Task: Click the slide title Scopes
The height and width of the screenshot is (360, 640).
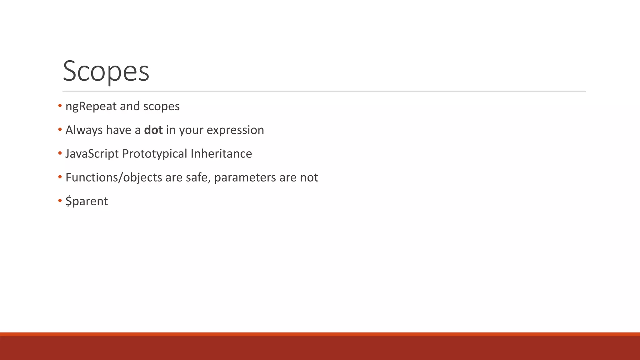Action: pos(106,71)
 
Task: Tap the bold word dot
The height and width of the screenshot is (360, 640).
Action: pos(153,130)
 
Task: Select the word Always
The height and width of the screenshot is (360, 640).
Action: pos(84,130)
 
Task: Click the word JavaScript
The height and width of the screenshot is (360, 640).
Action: pos(92,154)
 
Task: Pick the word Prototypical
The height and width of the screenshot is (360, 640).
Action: pos(154,154)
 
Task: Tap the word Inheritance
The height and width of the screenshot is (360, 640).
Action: pos(221,154)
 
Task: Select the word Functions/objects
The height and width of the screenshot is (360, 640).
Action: pos(114,177)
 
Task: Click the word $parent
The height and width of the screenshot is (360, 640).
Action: pos(87,201)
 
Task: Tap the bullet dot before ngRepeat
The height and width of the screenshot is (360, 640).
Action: pos(60,106)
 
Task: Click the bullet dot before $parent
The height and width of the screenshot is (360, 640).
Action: pos(60,201)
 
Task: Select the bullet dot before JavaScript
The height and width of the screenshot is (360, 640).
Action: pos(60,153)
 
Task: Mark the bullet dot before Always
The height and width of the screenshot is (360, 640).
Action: pos(60,129)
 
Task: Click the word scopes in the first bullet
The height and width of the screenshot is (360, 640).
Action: pos(161,107)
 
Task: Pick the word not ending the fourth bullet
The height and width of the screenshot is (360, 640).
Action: pos(309,177)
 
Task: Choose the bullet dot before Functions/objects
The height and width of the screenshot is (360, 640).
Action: pos(60,177)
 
